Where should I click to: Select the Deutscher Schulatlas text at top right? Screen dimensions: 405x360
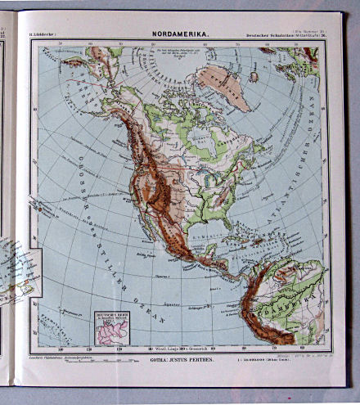[x=282, y=34]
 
